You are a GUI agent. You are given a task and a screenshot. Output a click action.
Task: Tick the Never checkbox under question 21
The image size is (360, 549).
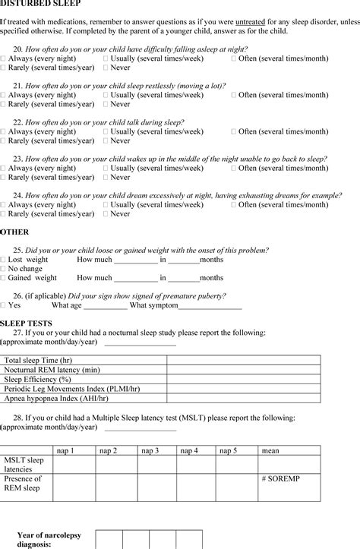(106, 104)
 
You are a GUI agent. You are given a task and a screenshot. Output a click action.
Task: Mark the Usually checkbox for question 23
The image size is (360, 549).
(106, 168)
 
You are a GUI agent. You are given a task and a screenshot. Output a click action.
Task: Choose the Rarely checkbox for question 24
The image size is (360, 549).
(4, 214)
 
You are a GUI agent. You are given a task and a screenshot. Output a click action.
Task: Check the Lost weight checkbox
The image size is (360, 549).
(4, 260)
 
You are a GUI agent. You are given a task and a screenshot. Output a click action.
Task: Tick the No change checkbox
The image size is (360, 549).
(4, 269)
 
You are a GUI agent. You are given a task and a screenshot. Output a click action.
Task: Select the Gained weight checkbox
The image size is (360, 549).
(4, 278)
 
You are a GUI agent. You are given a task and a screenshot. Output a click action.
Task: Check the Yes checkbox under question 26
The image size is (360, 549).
(4, 305)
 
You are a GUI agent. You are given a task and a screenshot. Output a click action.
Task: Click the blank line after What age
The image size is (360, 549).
(106, 306)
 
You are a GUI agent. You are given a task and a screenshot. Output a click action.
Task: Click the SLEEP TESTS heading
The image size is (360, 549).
(26, 323)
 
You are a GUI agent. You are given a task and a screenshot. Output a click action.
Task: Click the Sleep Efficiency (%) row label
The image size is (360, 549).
(38, 379)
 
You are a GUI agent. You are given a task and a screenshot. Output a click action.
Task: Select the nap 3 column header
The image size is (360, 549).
(150, 450)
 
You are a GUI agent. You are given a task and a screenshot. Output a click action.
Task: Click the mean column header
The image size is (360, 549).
(270, 450)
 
